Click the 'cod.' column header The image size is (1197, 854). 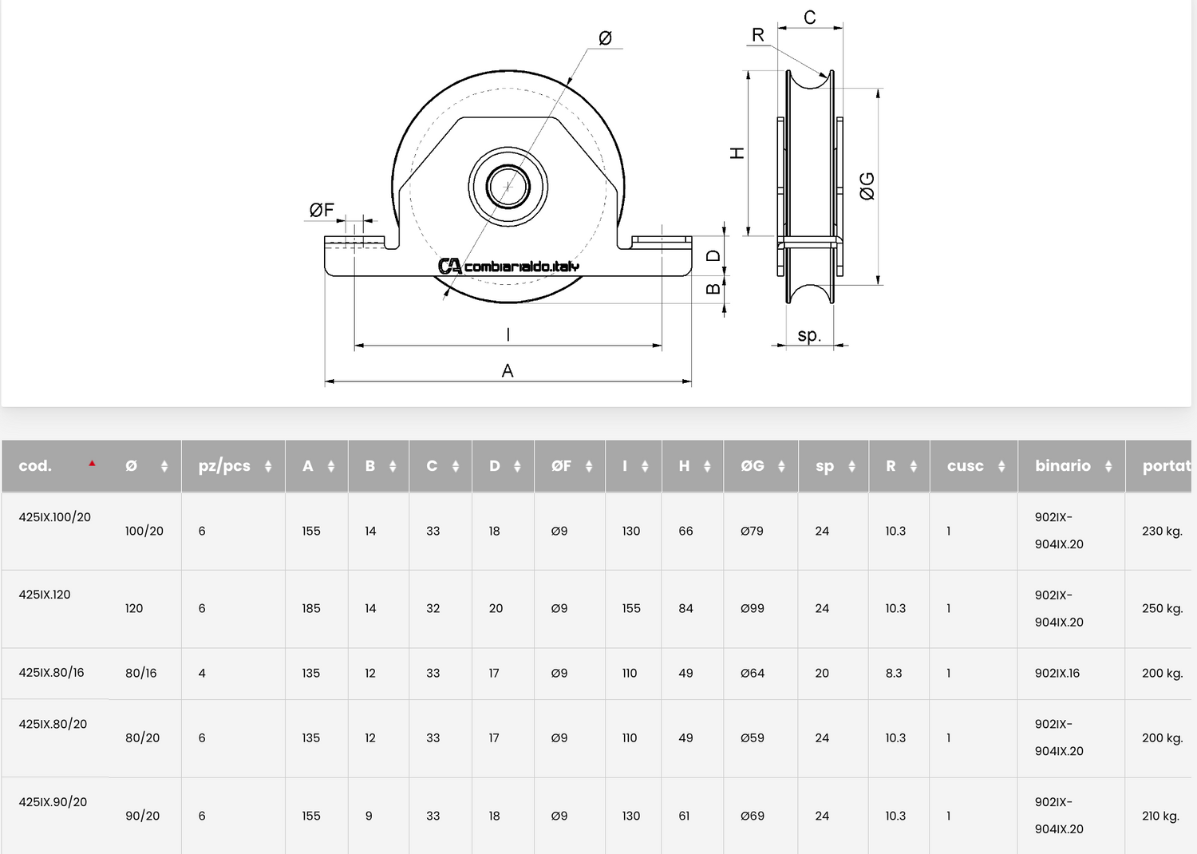(x=35, y=465)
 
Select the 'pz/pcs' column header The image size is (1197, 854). (x=224, y=466)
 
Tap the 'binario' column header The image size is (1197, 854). (x=1062, y=465)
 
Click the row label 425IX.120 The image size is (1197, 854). (x=45, y=595)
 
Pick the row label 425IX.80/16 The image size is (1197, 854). (x=51, y=672)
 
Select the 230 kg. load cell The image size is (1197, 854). (x=1162, y=532)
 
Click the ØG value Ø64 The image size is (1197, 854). (x=752, y=673)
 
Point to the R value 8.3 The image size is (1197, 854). (x=894, y=673)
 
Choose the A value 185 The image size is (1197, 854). (x=310, y=608)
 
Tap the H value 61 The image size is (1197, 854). (x=684, y=816)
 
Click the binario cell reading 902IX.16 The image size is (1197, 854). (x=1057, y=673)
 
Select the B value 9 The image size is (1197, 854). (x=368, y=816)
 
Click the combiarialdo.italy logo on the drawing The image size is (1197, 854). (x=508, y=266)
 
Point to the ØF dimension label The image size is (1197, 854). (x=322, y=210)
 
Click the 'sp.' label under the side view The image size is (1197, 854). (x=808, y=335)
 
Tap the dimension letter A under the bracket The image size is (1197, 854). (x=507, y=370)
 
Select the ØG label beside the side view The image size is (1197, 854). (x=867, y=186)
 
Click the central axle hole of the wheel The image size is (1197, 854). (x=508, y=187)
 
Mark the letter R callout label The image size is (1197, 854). (x=758, y=35)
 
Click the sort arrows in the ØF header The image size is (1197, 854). (x=588, y=466)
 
